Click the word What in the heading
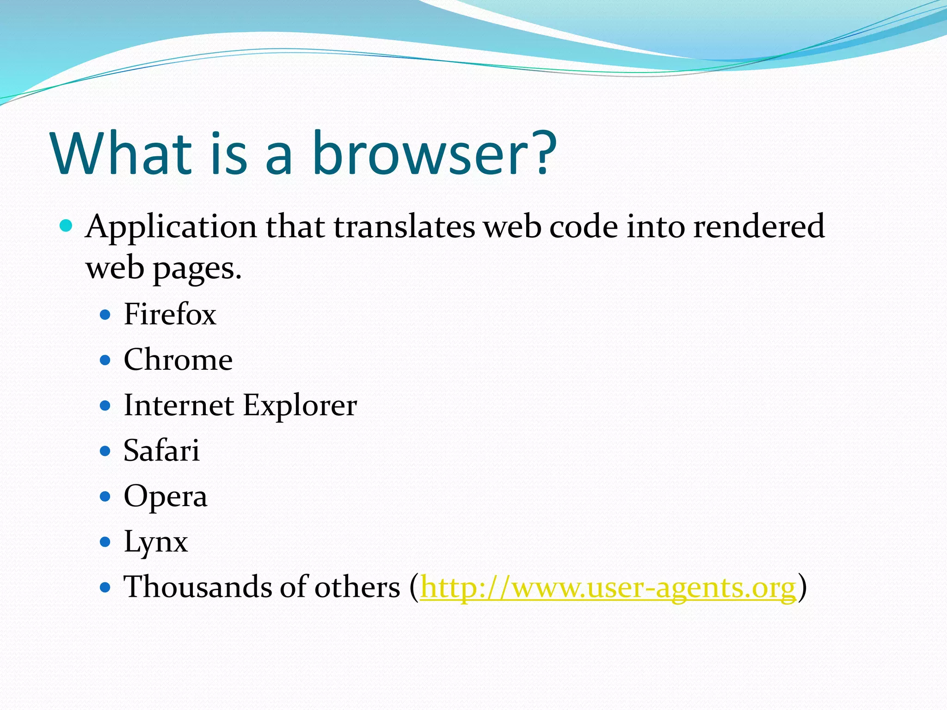point(121,153)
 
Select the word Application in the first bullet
point(171,227)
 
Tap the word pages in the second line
point(197,269)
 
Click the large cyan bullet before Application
point(67,226)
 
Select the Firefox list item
point(170,314)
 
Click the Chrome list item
point(178,360)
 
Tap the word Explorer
point(300,405)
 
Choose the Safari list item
point(161,451)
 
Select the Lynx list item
point(155,542)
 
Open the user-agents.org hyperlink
point(608,588)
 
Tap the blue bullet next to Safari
point(105,451)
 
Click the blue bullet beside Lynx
point(105,542)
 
